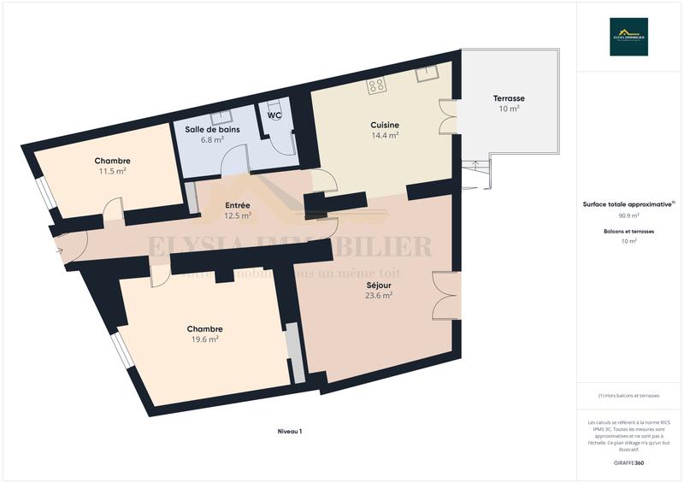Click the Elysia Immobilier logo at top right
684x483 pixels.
(x=628, y=37)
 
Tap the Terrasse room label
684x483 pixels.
(x=509, y=98)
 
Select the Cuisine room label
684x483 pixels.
(x=385, y=125)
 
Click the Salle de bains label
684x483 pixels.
(x=212, y=129)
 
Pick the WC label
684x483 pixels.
(x=274, y=115)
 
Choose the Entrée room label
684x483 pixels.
(x=237, y=205)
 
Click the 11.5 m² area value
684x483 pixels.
(x=112, y=171)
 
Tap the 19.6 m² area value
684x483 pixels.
(x=204, y=339)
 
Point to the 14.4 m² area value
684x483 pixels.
(x=385, y=135)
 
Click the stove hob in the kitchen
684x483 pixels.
(x=376, y=85)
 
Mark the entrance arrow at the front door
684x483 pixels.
(x=58, y=250)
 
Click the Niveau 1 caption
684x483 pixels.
(x=290, y=432)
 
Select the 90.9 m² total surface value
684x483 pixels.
(x=628, y=216)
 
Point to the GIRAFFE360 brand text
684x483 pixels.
(x=628, y=462)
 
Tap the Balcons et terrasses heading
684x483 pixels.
(x=628, y=232)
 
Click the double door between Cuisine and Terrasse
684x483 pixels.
(x=448, y=117)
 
